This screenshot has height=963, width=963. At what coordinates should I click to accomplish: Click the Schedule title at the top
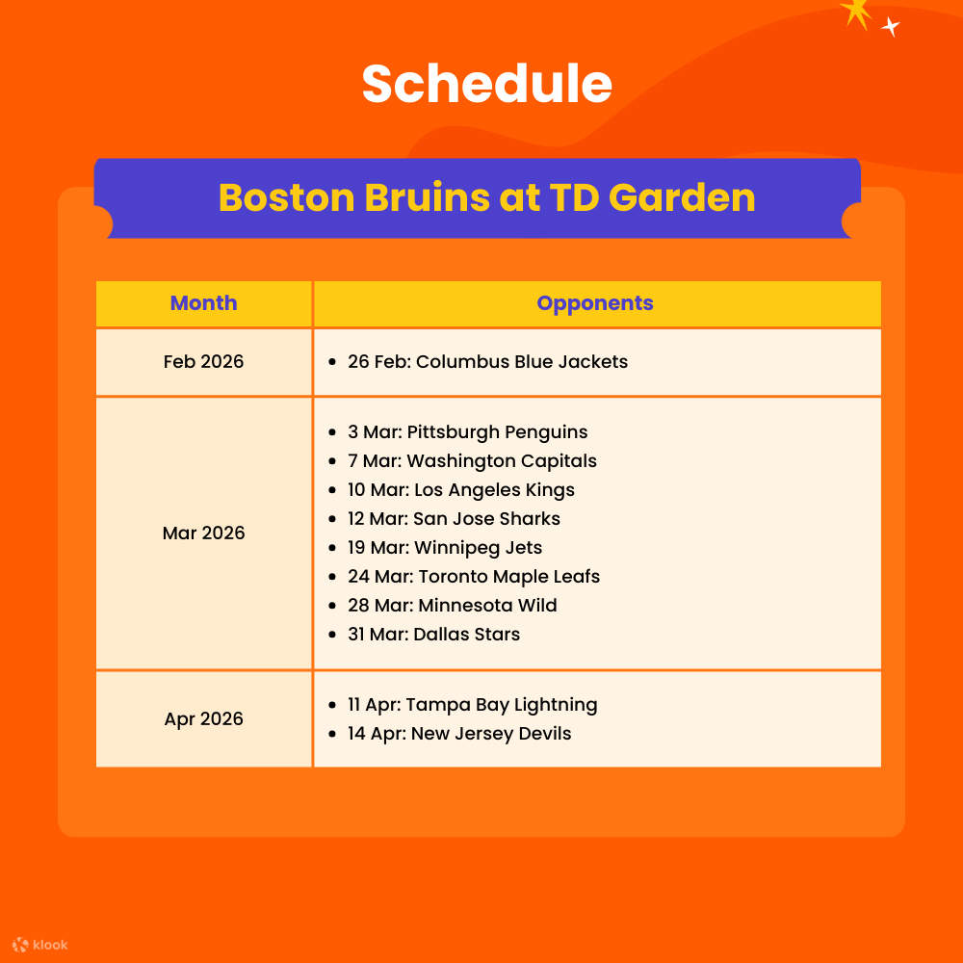pos(486,84)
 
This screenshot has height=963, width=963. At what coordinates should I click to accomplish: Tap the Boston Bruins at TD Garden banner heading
pos(486,197)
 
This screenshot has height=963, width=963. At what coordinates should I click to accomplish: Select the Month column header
pos(203,303)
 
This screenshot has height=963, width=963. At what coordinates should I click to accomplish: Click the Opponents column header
pos(595,303)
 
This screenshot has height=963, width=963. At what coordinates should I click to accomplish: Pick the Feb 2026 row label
pos(203,362)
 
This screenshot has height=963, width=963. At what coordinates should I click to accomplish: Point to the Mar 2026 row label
pos(203,534)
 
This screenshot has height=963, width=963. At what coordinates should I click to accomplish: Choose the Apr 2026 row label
pos(203,719)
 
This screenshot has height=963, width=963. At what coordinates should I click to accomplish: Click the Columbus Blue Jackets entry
pos(487,362)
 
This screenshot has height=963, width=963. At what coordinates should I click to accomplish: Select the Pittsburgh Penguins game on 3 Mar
pos(467,432)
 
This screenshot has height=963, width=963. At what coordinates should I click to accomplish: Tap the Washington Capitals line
pos(472,461)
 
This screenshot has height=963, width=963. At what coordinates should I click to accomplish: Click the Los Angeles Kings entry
pos(460,490)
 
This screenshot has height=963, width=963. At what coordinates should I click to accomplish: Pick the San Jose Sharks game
pos(454,519)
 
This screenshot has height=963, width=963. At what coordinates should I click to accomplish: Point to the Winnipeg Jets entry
pos(445,548)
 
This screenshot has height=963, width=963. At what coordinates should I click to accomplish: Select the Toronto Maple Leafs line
pos(474,577)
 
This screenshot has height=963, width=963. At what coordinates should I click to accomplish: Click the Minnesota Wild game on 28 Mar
pos(453,606)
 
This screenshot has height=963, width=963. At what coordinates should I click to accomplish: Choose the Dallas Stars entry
pos(433,635)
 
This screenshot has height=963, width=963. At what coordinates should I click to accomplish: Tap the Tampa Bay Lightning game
pos(472,705)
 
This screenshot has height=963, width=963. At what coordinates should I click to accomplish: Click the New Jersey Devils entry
pos(459,734)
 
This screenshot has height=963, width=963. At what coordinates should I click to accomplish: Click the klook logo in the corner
pos(40,945)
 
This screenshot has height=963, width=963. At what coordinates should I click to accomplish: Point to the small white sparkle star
pos(891,27)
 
